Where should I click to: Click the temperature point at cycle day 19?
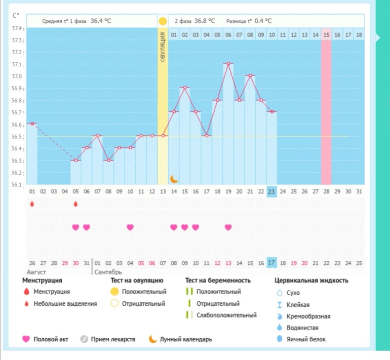coord(228,63)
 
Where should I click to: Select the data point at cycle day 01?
coord(32,124)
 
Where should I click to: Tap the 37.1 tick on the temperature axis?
coord(18,65)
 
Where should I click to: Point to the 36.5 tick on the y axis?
coord(18,137)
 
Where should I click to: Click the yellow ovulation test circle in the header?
coord(163,21)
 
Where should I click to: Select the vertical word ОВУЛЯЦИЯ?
coord(163,47)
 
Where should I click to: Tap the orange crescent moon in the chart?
coord(174,179)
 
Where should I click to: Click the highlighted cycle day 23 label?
coord(271,191)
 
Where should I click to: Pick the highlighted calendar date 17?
coord(271,262)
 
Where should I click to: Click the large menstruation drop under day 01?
coord(32,204)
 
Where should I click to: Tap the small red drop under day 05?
coord(75,204)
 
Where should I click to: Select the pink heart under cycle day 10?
coord(130,227)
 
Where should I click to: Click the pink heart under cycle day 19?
coord(228,227)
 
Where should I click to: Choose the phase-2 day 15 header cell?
coord(326,35)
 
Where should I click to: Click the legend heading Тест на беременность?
coord(218,281)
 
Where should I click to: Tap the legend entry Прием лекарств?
coord(113,339)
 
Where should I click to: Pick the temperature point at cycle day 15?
coord(184,88)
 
